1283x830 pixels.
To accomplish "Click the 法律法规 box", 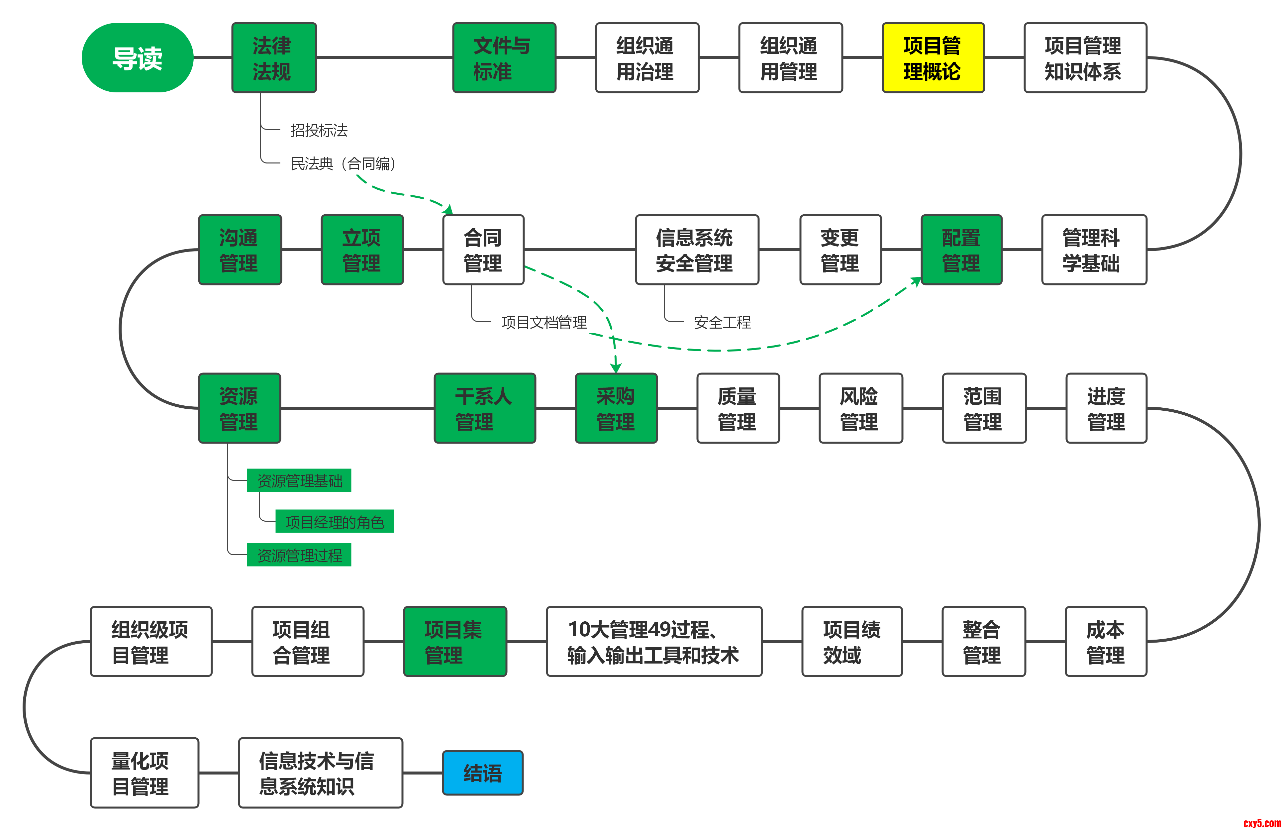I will click(x=274, y=58).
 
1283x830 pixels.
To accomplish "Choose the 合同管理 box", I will click(x=483, y=250).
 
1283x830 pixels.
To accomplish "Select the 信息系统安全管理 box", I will click(x=696, y=250).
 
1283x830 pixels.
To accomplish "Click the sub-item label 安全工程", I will click(x=722, y=322).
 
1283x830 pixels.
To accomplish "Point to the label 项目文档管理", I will click(x=544, y=322).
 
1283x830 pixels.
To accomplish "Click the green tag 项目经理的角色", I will click(x=335, y=521).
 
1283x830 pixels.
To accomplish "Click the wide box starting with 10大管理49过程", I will click(x=653, y=641).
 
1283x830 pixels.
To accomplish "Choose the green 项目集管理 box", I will click(x=455, y=641).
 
